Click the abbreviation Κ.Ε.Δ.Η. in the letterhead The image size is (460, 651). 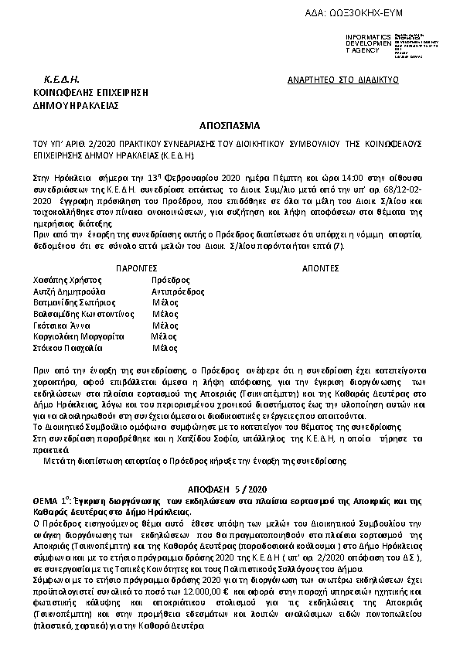click(63, 80)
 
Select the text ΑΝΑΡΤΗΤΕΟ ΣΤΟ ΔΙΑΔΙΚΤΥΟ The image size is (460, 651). click(342, 80)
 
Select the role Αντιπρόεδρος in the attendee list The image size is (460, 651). click(178, 291)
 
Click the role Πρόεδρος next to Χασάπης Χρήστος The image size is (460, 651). click(170, 278)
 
